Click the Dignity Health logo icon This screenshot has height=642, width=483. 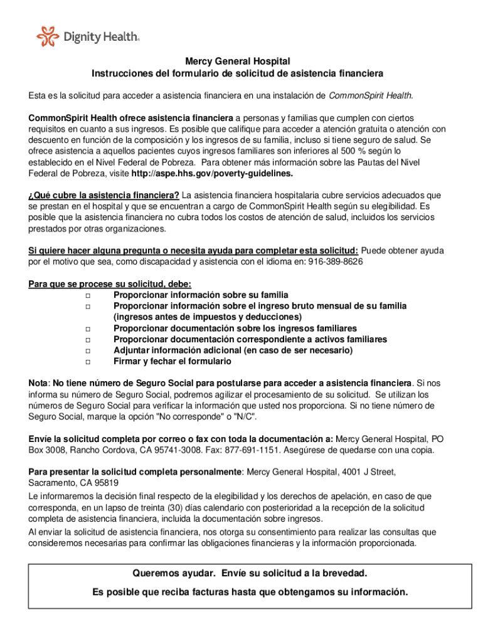click(x=48, y=36)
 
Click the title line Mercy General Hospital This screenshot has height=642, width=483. click(x=237, y=61)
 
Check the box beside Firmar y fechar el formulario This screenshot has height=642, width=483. click(x=88, y=362)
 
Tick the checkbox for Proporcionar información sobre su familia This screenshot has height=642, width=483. click(x=88, y=295)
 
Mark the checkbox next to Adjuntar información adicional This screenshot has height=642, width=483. click(x=88, y=351)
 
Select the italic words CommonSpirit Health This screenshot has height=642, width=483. click(x=370, y=95)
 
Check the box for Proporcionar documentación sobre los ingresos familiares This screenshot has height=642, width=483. click(x=88, y=329)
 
